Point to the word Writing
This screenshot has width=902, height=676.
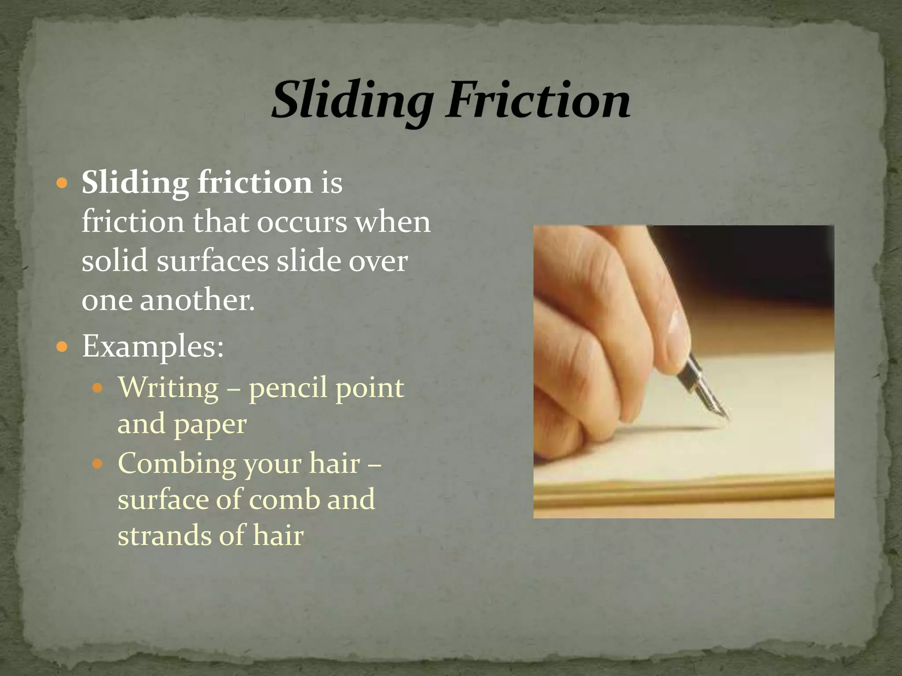click(168, 388)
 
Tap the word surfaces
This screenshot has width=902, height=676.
click(212, 261)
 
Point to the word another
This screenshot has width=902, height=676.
click(197, 300)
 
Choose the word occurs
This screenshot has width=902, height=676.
click(302, 222)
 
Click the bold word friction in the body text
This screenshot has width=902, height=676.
click(255, 182)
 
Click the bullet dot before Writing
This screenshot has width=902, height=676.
click(97, 388)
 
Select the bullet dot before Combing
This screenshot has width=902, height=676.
click(97, 464)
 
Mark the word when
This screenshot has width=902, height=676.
click(393, 222)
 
